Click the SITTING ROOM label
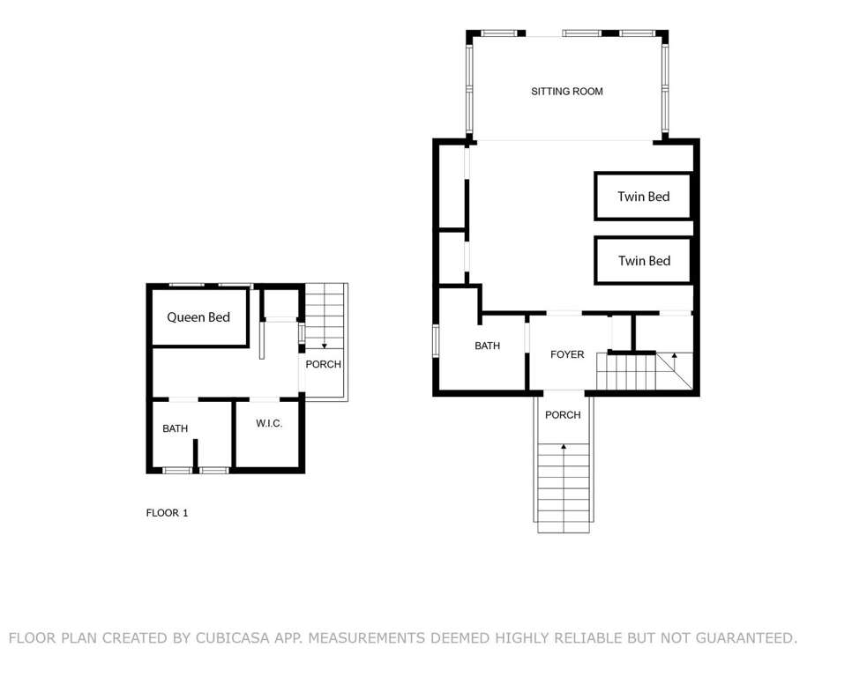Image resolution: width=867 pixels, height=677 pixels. point(567,92)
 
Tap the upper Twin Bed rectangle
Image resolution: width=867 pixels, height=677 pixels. point(643,197)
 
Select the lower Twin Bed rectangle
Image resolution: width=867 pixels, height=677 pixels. point(643,260)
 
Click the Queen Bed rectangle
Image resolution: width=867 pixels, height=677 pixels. point(199,317)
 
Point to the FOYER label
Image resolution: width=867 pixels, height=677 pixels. point(567,354)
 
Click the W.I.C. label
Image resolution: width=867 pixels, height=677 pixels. point(269,423)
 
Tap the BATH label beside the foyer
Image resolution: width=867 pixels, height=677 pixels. point(487,346)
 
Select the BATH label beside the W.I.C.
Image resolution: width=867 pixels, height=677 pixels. point(176,429)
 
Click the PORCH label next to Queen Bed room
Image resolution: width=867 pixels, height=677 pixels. point(324,365)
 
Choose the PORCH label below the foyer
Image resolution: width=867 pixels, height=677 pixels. point(563,415)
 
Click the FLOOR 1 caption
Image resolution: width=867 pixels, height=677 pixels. point(167,513)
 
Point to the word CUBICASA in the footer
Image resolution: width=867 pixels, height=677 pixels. point(233,637)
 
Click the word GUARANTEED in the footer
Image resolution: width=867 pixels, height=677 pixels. point(746,637)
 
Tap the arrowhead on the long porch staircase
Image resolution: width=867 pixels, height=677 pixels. point(564,446)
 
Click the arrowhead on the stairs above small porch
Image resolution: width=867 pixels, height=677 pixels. point(325,346)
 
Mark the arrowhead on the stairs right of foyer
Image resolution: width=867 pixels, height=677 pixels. point(674,355)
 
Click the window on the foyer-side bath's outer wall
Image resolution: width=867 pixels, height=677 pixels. point(436,341)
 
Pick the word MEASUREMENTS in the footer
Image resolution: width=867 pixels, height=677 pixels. point(366,637)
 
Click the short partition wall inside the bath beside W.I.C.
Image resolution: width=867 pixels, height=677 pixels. point(195,454)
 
